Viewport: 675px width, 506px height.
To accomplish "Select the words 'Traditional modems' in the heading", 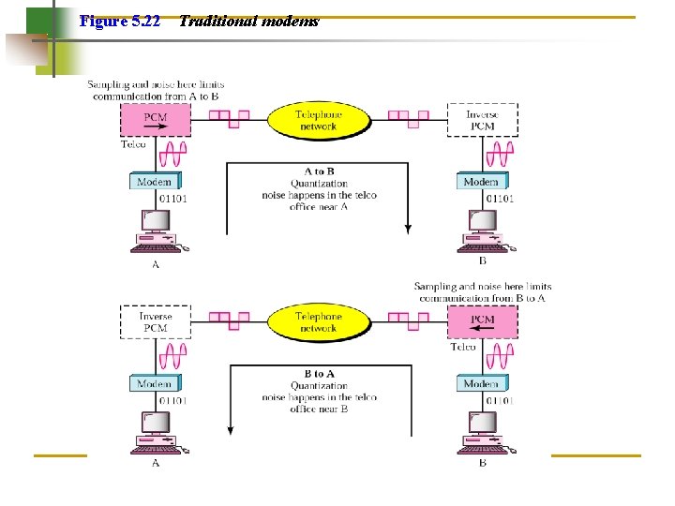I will (x=248, y=21).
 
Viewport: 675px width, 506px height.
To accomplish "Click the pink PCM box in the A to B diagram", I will (x=156, y=119).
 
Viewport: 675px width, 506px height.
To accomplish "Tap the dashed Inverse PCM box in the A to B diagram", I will (x=482, y=120).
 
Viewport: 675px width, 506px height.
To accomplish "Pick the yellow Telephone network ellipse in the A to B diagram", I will (x=319, y=120).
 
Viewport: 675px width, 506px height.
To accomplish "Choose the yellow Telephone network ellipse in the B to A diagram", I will (x=319, y=322).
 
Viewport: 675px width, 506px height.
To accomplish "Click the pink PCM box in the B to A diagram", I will (x=482, y=320).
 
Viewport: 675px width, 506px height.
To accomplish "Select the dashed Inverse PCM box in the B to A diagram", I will (x=156, y=322).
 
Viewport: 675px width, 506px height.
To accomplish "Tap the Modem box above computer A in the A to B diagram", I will (x=155, y=182).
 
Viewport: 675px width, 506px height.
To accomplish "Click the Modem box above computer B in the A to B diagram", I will (x=482, y=182).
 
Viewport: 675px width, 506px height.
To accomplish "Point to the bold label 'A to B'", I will (x=319, y=172).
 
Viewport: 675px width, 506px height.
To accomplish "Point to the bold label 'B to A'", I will (x=319, y=374).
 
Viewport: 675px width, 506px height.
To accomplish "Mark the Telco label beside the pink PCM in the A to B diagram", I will (x=134, y=144).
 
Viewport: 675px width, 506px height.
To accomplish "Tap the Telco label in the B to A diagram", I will (x=463, y=347).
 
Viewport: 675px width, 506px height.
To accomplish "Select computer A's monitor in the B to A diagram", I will (x=156, y=424).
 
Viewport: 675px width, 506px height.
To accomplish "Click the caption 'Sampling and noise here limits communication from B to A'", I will (x=482, y=292).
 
